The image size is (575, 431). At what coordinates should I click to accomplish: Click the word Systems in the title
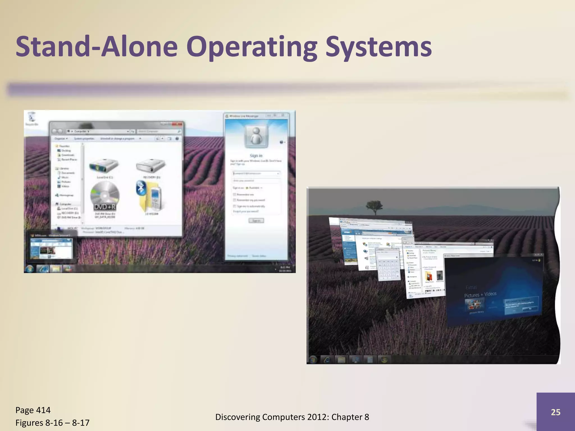[378, 47]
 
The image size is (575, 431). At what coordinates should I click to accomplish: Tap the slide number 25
[555, 412]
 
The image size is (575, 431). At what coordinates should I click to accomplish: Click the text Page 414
[33, 410]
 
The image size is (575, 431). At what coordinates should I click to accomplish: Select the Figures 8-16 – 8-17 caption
[53, 423]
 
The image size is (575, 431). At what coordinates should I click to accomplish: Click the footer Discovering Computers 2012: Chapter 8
[292, 417]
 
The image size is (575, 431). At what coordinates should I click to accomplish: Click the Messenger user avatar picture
[256, 136]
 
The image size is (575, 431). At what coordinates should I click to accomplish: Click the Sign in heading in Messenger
[256, 155]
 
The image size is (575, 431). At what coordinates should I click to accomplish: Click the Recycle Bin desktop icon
[32, 118]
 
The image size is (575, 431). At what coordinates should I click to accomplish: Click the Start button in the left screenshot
[30, 269]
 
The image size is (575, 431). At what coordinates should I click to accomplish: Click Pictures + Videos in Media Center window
[480, 294]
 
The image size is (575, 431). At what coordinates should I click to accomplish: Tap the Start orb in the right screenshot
[313, 359]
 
